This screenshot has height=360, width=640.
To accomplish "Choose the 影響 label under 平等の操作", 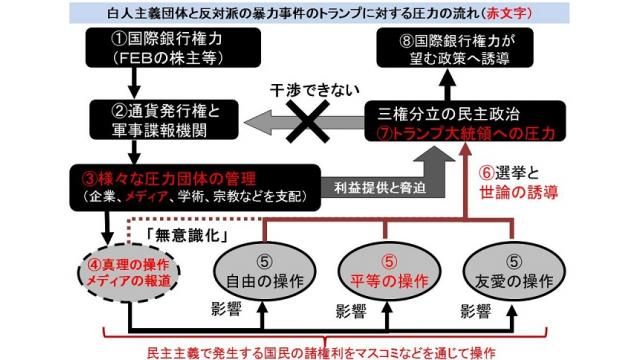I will click(x=350, y=310).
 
